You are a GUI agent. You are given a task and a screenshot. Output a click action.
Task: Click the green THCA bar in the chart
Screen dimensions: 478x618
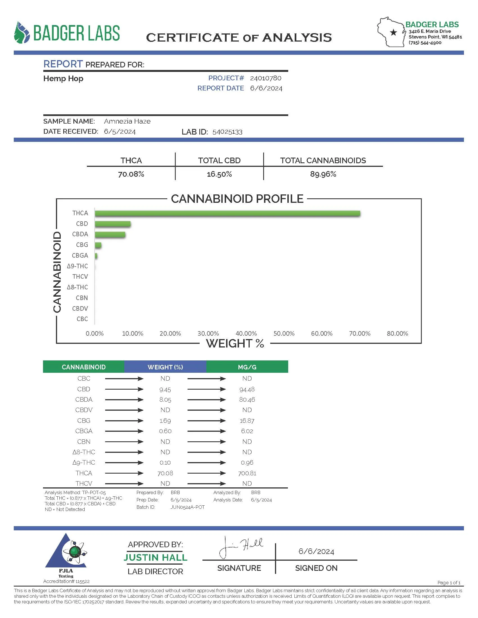227,213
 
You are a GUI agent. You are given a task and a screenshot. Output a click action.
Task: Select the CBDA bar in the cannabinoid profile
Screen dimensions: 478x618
110,235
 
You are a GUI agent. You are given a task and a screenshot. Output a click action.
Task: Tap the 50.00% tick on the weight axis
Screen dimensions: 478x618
284,334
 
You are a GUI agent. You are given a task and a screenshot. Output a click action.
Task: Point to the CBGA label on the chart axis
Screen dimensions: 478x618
80,256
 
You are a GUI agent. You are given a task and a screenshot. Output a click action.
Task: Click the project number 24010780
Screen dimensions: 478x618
266,78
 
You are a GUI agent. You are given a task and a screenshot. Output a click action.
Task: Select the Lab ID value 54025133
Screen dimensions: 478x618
227,132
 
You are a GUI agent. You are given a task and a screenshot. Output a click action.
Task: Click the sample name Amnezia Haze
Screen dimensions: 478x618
127,121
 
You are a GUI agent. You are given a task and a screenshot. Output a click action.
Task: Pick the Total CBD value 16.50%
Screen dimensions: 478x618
219,174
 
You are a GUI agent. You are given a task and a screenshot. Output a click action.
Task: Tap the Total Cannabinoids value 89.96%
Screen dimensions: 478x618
323,174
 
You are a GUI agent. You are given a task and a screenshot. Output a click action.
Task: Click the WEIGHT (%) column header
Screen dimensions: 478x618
165,367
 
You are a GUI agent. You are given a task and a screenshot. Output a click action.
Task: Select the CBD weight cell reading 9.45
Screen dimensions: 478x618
165,390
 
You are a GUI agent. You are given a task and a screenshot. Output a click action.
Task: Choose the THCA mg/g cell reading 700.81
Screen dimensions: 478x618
247,473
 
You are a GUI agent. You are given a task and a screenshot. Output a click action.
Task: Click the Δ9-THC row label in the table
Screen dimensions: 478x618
84,462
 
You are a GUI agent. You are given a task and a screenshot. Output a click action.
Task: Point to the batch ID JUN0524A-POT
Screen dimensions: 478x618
188,507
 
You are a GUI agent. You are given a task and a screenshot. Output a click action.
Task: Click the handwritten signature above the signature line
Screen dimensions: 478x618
241,547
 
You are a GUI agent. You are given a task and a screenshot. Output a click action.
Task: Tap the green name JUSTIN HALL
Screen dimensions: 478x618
155,557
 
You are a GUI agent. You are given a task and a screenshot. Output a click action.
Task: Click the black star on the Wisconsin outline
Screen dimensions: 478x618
393,33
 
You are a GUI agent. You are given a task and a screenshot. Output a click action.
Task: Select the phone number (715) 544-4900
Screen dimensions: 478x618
425,43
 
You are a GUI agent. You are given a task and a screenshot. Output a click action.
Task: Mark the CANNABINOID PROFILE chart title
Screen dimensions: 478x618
237,199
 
